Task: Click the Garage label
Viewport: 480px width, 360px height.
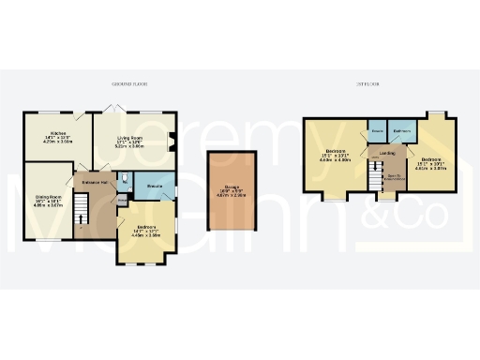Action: (x=232, y=187)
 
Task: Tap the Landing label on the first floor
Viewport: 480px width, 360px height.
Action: (x=386, y=154)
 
